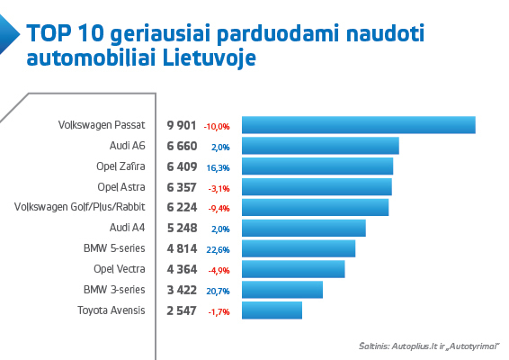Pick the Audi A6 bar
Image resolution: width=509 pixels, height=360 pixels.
click(x=321, y=146)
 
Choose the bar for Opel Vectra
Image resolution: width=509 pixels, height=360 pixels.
click(x=294, y=269)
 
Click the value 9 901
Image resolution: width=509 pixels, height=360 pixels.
click(x=181, y=125)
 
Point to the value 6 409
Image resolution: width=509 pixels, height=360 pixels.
click(x=181, y=166)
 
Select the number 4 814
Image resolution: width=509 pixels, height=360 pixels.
click(x=181, y=248)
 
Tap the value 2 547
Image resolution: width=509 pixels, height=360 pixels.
click(x=181, y=310)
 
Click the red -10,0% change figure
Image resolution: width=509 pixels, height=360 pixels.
click(x=217, y=126)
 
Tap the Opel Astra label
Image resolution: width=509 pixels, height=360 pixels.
click(x=121, y=187)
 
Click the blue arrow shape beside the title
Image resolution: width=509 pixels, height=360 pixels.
click(x=9, y=36)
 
